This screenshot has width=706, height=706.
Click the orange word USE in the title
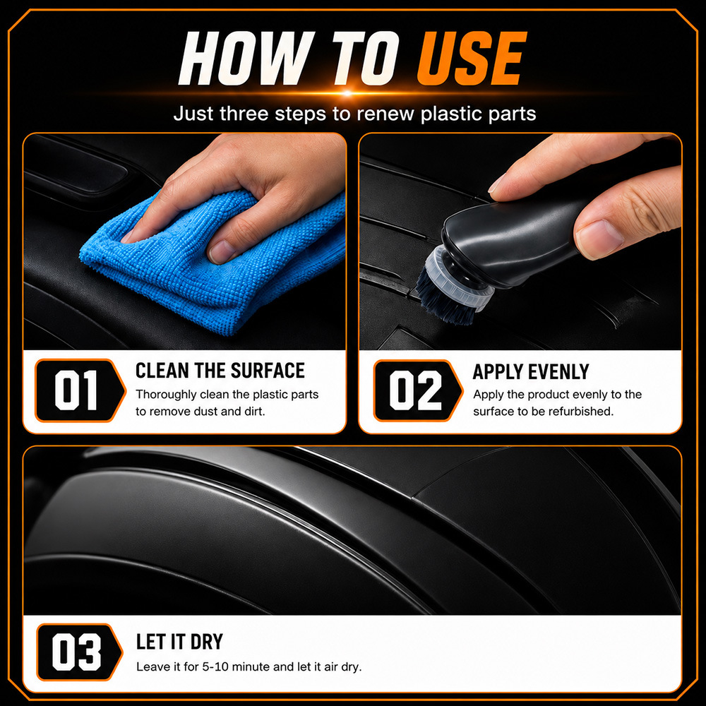pos(472,58)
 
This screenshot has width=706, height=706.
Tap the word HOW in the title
pos(246,58)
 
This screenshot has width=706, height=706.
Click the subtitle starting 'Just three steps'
pos(355,114)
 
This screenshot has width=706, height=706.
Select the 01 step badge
pos(80,390)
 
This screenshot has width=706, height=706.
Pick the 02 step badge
pos(418,390)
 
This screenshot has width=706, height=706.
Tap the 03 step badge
pos(79,652)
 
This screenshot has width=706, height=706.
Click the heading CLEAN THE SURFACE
pos(220,371)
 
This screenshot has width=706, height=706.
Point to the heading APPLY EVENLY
pos(531,372)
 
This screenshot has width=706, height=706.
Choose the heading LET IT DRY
pos(179,642)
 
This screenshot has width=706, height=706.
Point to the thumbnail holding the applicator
pos(599,238)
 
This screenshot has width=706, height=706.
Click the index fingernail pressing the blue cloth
pos(220,252)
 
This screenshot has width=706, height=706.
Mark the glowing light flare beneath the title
pos(347,94)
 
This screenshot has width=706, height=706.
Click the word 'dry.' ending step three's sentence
pos(351,667)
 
